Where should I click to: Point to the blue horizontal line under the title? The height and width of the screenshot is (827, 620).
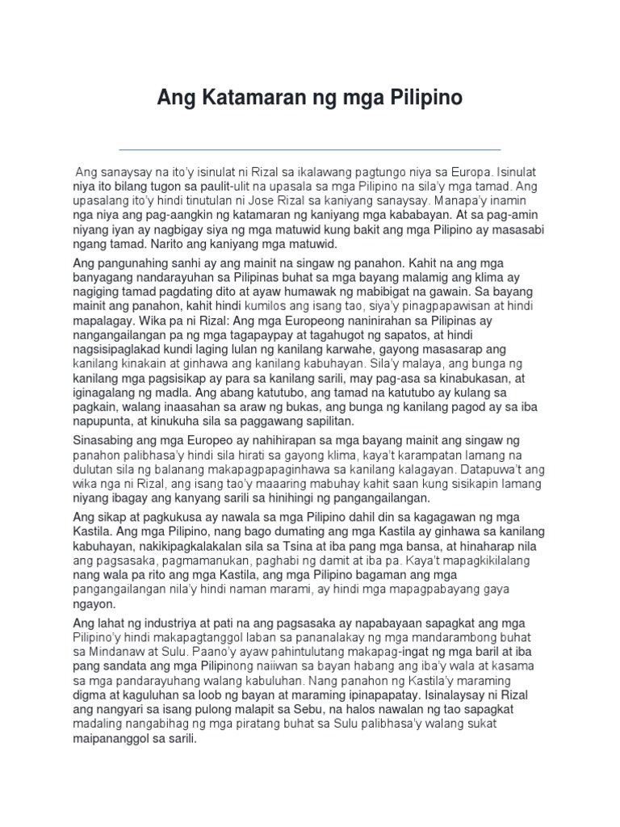click(x=309, y=149)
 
